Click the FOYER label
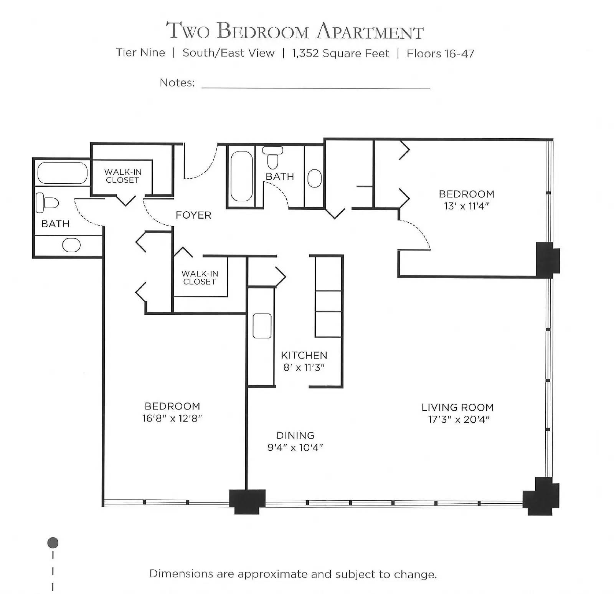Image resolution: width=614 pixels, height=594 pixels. pos(193,215)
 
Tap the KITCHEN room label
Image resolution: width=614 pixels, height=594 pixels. pos(304,355)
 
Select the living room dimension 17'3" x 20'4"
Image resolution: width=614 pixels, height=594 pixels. pos(459,420)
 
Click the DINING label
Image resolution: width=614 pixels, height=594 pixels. pos(295,435)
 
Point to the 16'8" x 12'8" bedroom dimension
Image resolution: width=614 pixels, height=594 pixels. pos(172,418)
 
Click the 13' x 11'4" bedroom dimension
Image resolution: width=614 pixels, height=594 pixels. pos(466,206)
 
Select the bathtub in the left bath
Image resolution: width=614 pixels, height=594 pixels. pos(63,173)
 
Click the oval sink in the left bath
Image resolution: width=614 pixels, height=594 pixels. pos(71,245)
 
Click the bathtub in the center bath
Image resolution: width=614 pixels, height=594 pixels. pos(241,176)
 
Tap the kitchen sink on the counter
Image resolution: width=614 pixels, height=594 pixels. pos(262,326)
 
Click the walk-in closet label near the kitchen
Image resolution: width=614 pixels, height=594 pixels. pos(200,277)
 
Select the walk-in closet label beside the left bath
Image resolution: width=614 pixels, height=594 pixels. pos(122,176)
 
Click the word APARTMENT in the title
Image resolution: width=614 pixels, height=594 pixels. pos(370,31)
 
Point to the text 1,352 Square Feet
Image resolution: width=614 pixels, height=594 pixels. pos(340,53)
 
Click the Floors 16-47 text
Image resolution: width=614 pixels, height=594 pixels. pos(440,53)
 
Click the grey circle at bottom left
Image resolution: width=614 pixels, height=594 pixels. pos(53,543)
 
